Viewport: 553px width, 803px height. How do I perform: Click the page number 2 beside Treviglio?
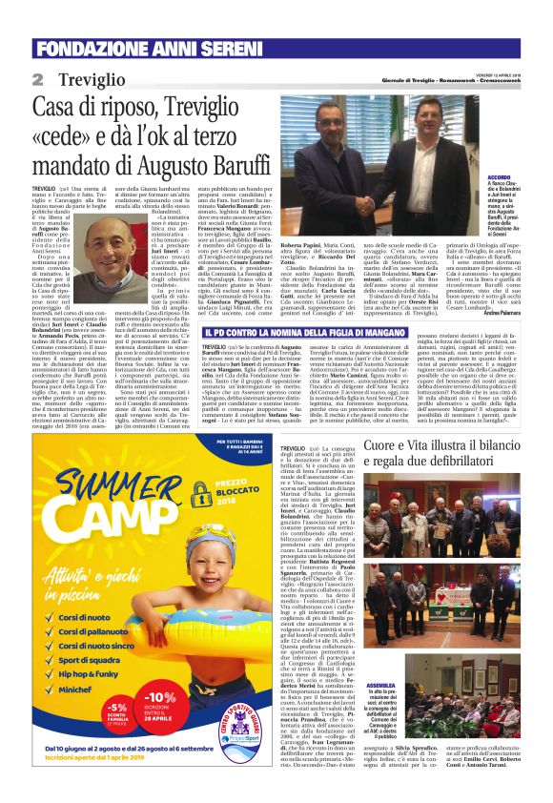(x=38, y=78)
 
